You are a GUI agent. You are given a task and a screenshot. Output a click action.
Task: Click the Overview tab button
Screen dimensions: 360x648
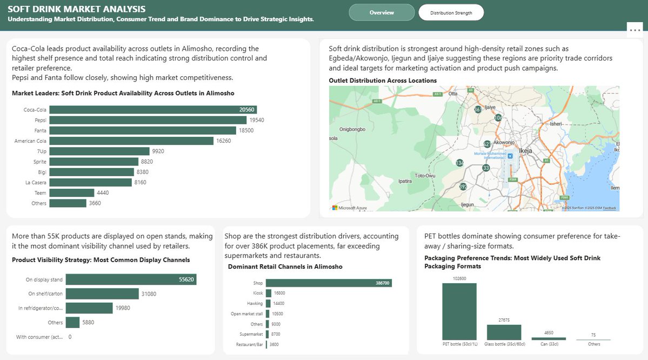click(x=382, y=12)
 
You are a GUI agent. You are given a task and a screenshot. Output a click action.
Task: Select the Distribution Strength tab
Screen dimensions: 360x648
click(x=451, y=12)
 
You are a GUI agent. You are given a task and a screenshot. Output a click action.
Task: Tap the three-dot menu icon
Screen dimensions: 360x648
click(x=634, y=30)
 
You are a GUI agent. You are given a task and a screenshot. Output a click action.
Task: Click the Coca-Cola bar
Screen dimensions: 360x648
click(x=153, y=110)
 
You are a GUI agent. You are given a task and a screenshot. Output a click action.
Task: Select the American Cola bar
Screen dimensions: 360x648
click(x=131, y=141)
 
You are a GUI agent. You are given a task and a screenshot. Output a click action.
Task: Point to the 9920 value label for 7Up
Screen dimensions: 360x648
click(x=158, y=151)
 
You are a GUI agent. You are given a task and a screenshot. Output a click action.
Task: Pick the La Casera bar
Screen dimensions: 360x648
click(x=90, y=183)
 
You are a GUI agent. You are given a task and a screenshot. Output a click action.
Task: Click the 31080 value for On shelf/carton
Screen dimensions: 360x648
click(x=149, y=294)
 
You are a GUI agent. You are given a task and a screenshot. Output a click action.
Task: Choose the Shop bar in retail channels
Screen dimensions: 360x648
click(x=328, y=283)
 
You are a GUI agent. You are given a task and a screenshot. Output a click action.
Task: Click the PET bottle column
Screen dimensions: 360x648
click(x=459, y=311)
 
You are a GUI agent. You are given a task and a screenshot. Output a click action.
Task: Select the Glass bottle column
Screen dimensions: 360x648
click(x=504, y=332)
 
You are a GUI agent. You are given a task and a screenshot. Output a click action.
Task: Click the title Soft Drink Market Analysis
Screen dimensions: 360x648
click(x=77, y=9)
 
